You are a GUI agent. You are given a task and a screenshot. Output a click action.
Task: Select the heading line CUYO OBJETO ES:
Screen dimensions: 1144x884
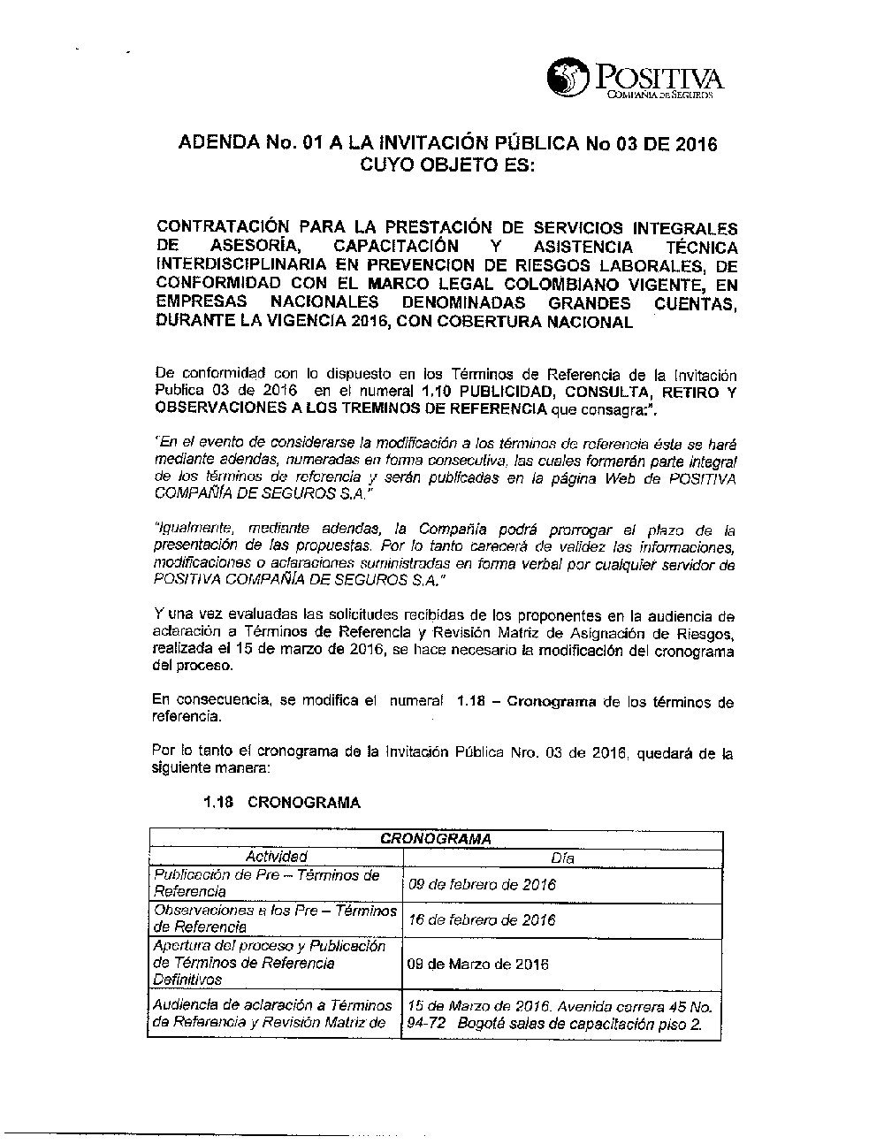[446, 165]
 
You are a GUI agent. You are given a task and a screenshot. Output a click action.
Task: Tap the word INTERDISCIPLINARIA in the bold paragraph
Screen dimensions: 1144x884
[241, 265]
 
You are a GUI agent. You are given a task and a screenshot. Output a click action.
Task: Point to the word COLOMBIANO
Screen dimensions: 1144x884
[559, 284]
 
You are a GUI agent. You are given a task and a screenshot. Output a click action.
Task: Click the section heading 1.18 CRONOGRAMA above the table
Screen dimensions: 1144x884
[281, 803]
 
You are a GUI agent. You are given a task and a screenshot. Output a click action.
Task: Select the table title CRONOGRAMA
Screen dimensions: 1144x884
[435, 838]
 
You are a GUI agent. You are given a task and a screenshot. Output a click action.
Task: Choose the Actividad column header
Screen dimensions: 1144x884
[276, 857]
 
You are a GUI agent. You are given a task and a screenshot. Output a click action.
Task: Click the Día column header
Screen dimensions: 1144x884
[561, 858]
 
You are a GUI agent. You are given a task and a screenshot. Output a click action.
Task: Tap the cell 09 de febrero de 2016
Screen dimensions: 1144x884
[481, 884]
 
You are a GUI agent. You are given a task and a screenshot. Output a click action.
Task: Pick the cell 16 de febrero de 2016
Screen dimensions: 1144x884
[481, 919]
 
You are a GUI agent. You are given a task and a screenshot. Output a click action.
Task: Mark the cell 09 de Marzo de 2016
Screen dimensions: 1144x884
[476, 964]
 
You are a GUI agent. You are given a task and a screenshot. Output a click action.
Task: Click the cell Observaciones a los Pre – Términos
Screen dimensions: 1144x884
[275, 919]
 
